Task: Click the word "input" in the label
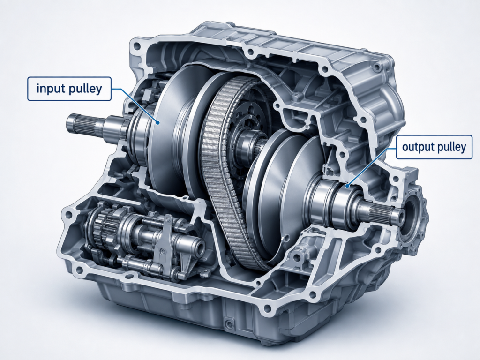(50, 89)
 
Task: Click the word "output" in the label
(418, 147)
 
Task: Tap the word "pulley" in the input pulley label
(85, 89)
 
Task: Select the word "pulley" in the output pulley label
(451, 148)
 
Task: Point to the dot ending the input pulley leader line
(158, 122)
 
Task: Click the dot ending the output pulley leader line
(347, 185)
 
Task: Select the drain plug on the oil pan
(228, 323)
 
